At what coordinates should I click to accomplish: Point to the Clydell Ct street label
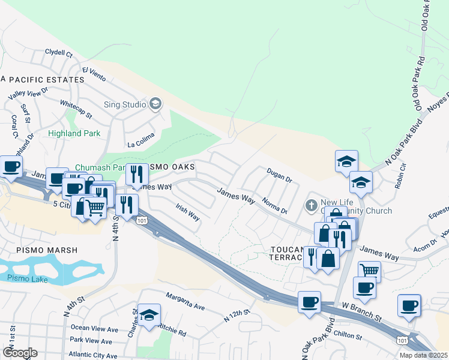point(58,53)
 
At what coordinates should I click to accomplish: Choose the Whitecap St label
point(76,107)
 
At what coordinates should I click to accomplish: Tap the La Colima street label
point(141,144)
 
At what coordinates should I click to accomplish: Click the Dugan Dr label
point(279,175)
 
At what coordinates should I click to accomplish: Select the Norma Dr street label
point(275,208)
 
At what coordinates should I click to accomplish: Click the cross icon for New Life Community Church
point(311,206)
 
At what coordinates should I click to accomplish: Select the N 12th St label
point(237,316)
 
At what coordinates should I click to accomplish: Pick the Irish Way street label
point(187,211)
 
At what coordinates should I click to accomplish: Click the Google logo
point(19,353)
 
